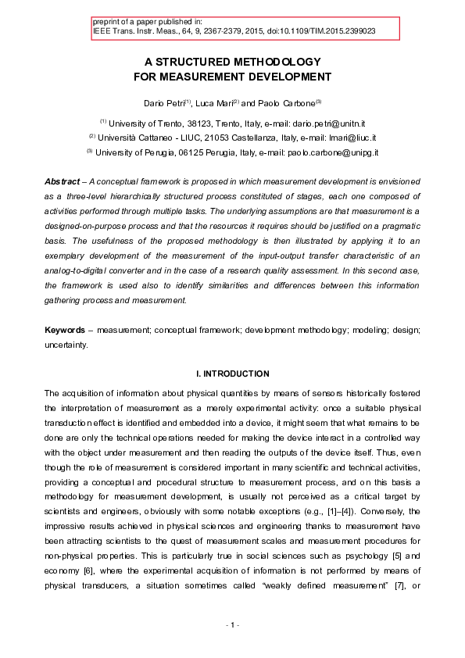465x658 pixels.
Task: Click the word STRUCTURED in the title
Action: [196, 62]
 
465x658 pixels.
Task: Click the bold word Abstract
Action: [62, 182]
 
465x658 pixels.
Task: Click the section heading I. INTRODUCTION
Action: [232, 374]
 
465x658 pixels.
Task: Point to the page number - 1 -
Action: [232, 625]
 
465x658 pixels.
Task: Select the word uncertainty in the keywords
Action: [66, 345]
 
